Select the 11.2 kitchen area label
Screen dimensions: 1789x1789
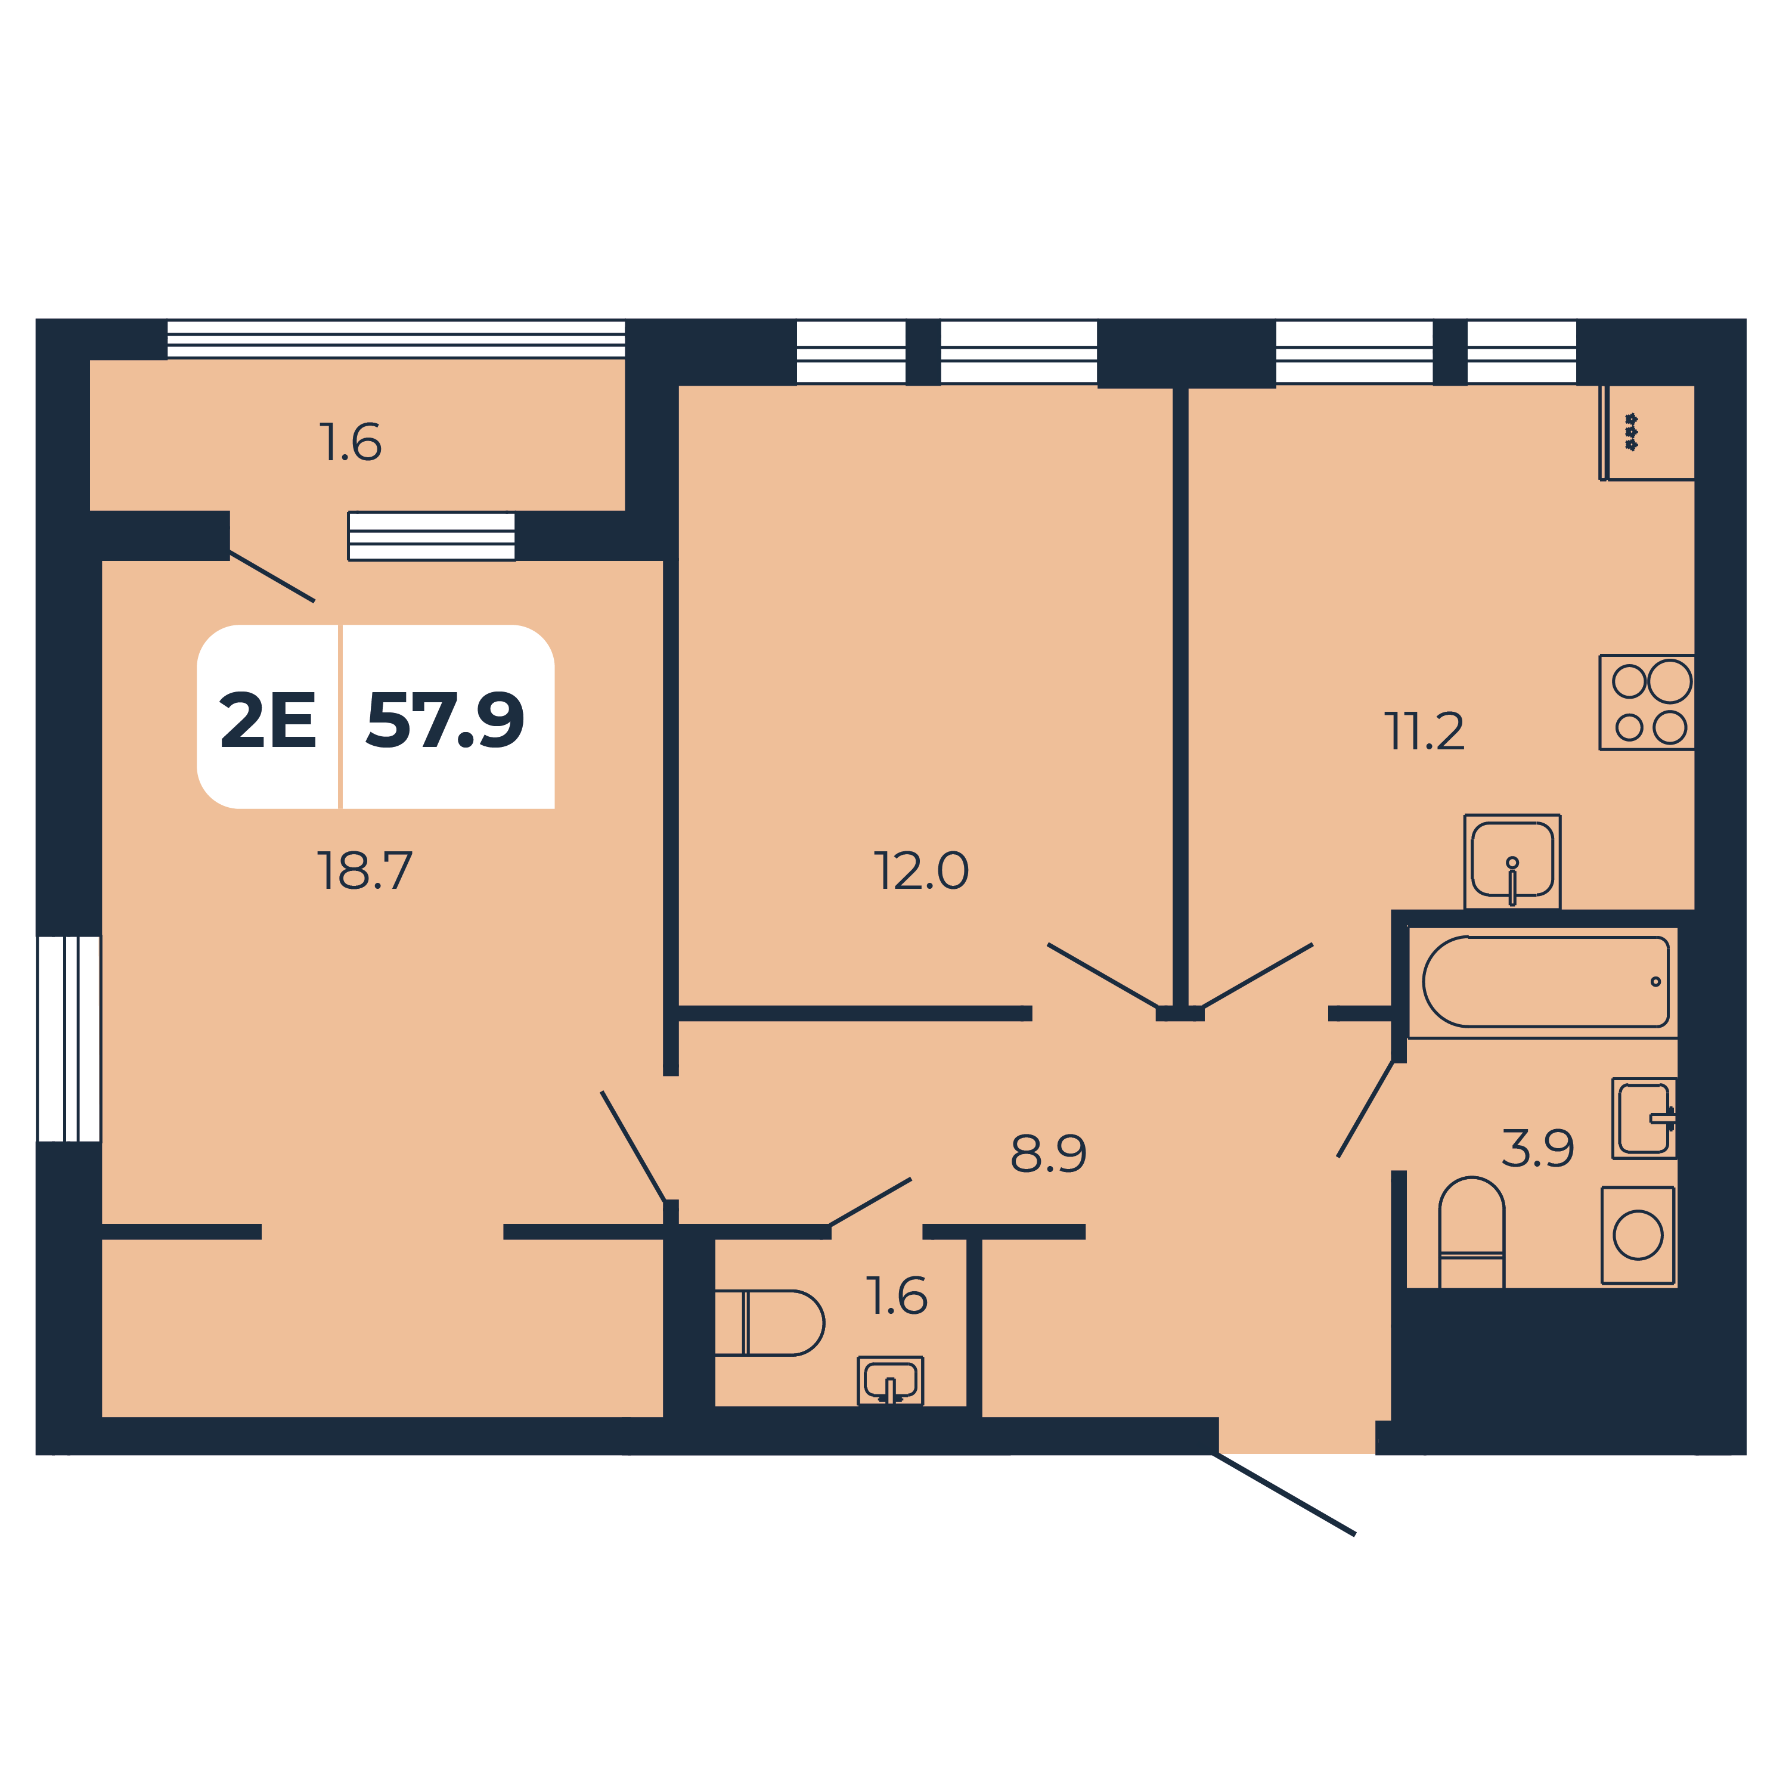1424,731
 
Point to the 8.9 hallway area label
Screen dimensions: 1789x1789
1048,1153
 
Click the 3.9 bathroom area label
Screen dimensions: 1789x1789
1537,1148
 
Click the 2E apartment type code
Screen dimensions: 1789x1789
268,720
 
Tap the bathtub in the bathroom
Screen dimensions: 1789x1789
1545,982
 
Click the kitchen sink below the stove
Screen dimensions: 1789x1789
1512,862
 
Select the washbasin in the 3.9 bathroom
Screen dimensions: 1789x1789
1645,1118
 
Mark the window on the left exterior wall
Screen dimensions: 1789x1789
69,1039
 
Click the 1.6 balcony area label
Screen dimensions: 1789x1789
350,442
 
